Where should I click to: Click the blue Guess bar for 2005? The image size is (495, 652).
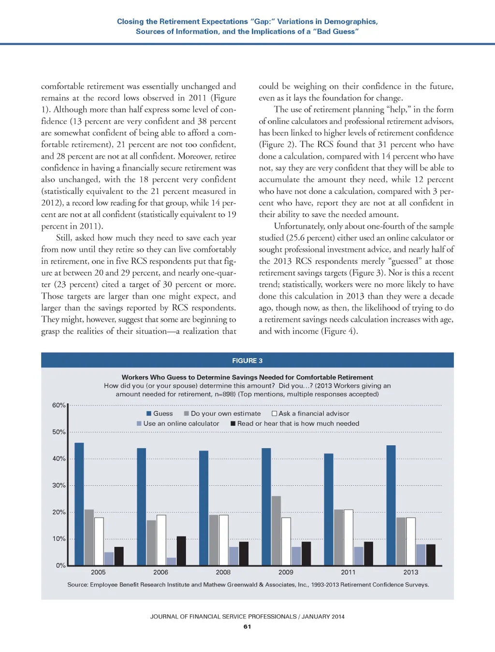point(79,504)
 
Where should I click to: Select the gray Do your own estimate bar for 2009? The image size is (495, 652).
point(276,531)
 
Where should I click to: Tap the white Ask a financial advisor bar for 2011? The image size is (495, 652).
point(348,537)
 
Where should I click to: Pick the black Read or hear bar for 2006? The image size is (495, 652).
point(181,551)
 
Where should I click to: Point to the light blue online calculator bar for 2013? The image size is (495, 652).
point(421,555)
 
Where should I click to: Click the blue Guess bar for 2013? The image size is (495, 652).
point(391,505)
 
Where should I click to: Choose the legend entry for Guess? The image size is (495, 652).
point(160,413)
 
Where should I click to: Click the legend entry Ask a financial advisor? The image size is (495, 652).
point(311,413)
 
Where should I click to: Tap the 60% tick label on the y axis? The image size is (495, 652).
point(58,405)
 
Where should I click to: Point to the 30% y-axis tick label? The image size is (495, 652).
point(58,485)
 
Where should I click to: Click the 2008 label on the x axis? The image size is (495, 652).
point(223,572)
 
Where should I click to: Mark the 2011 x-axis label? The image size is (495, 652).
point(348,572)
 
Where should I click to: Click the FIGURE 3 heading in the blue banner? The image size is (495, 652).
point(247,361)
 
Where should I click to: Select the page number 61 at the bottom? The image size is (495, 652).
point(247,626)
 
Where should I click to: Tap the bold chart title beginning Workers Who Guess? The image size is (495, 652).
point(247,377)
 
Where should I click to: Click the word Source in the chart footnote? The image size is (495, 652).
point(77,585)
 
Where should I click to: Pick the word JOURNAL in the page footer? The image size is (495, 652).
point(164,617)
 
